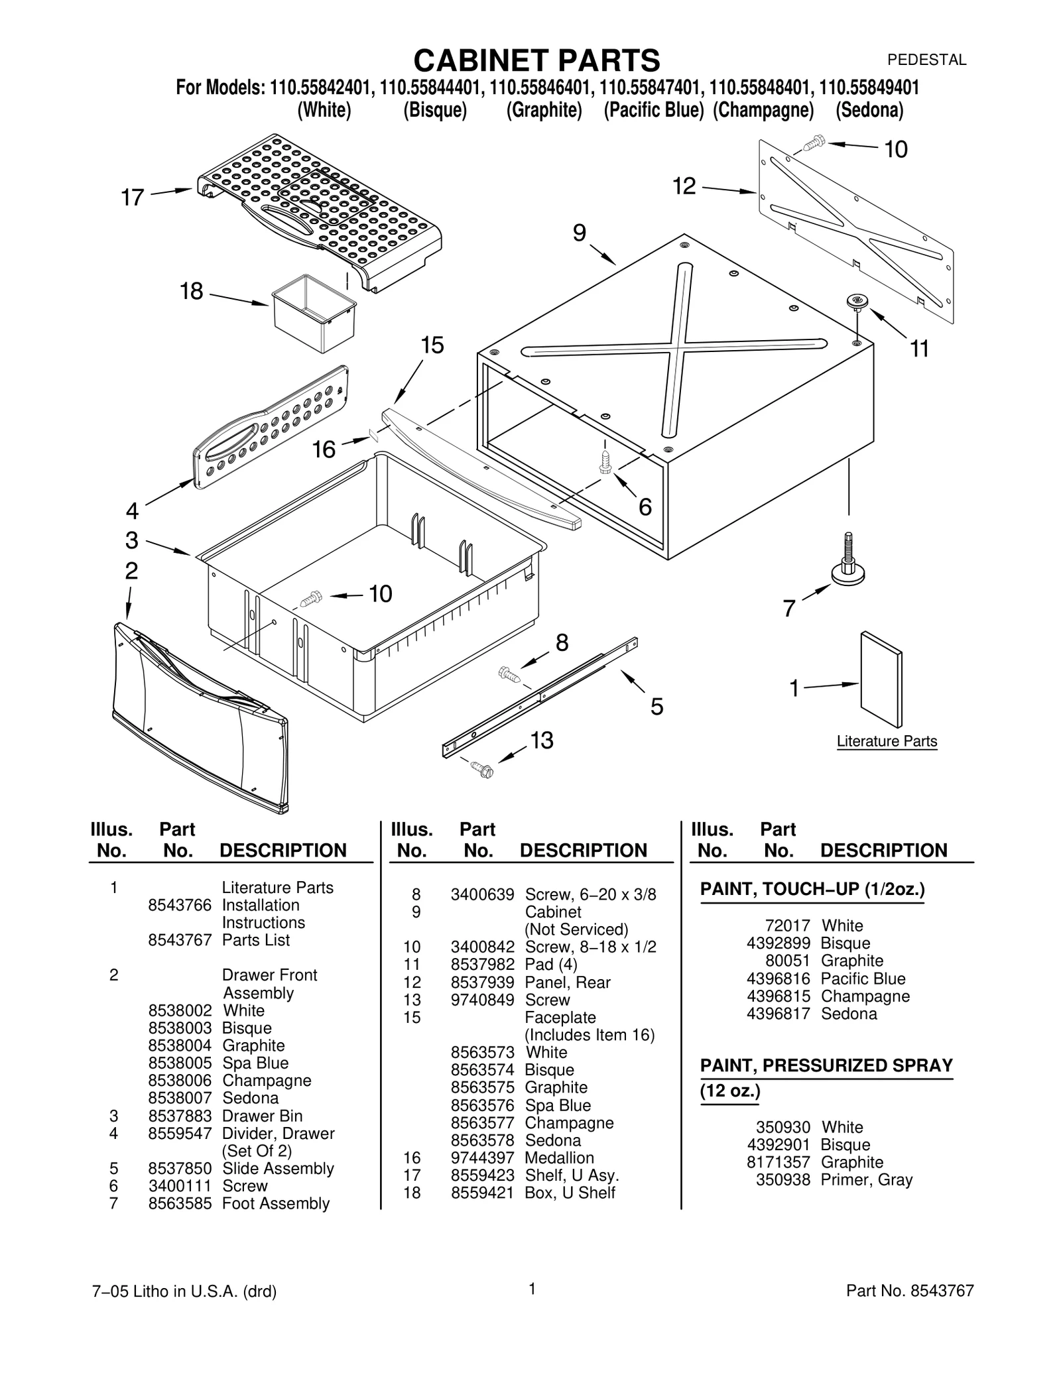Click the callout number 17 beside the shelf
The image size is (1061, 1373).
[x=132, y=198]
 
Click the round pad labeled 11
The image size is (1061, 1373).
[x=857, y=302]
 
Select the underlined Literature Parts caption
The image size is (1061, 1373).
[x=887, y=741]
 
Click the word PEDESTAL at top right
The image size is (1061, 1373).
[x=926, y=60]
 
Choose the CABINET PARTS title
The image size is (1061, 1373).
[x=536, y=60]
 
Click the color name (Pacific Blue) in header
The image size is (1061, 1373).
[x=653, y=110]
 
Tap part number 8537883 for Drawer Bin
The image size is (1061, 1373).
[x=180, y=1116]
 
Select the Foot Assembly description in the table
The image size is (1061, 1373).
[x=276, y=1203]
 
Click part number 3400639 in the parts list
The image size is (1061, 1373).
[x=482, y=894]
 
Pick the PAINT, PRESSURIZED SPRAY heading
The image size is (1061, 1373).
[x=826, y=1065]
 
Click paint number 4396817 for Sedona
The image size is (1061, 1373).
[x=778, y=1014]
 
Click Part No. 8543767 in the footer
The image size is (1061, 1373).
[x=910, y=1290]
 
